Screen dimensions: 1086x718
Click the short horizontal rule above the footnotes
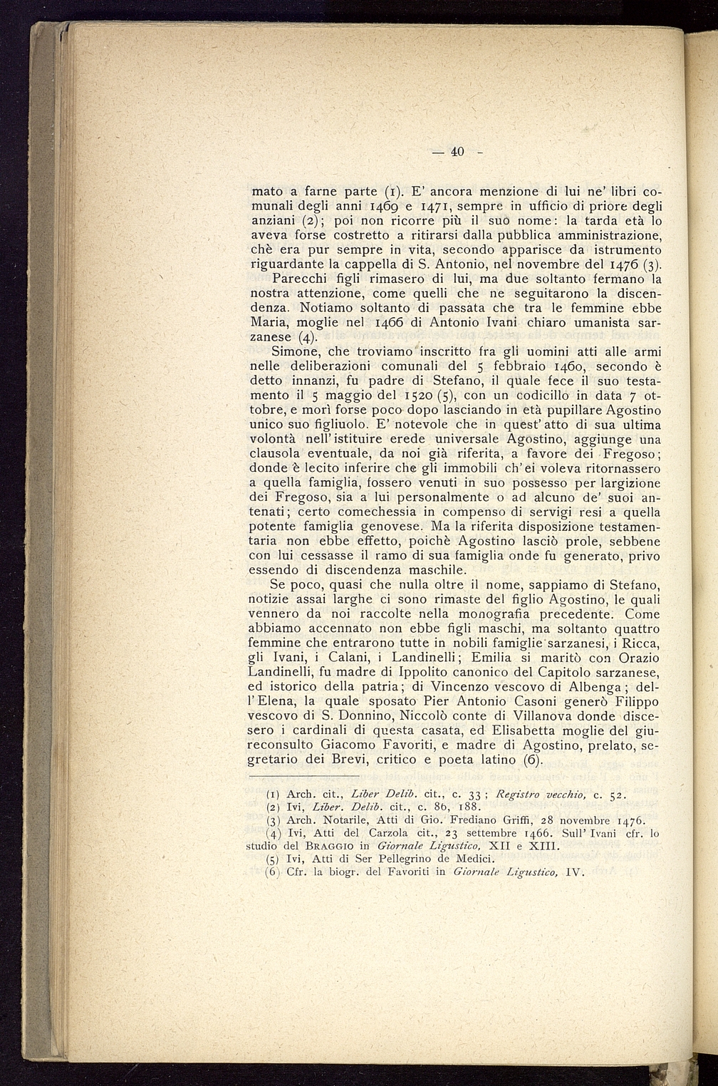pos(304,776)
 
